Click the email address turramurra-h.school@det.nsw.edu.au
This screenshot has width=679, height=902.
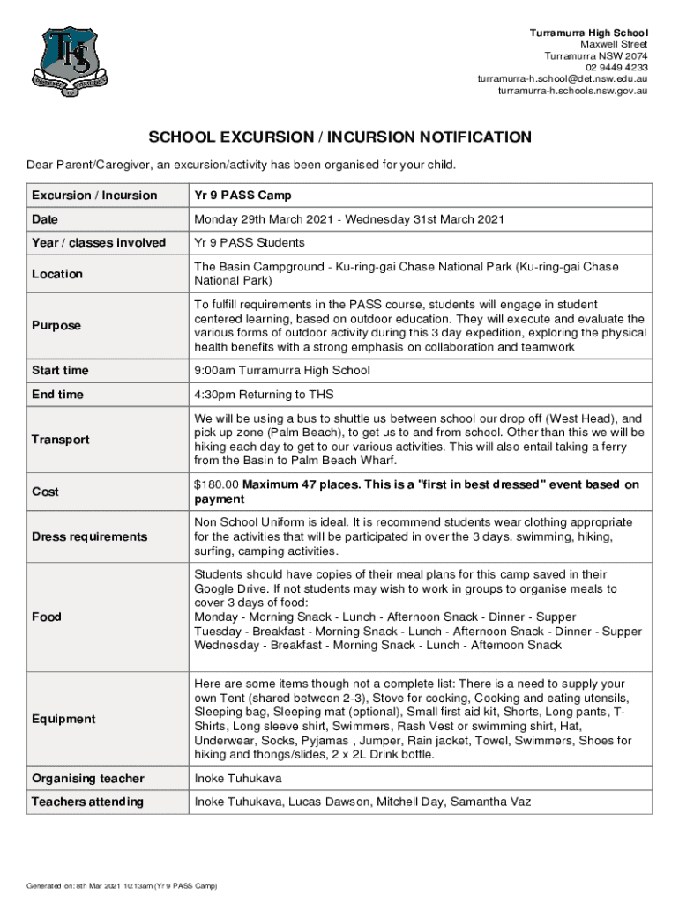click(563, 78)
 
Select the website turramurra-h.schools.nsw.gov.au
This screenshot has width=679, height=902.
click(573, 90)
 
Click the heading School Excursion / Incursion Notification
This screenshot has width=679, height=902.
click(339, 137)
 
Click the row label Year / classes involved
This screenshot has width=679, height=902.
click(99, 242)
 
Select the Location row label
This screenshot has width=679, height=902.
click(57, 274)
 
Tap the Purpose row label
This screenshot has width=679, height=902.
click(56, 325)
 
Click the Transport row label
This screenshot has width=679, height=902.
click(61, 440)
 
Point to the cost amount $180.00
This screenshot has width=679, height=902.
click(217, 484)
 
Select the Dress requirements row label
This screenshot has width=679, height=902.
click(90, 536)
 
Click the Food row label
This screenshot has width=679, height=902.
click(47, 617)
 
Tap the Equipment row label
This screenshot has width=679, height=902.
click(63, 719)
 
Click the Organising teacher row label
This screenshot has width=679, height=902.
click(88, 779)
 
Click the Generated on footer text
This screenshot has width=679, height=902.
click(122, 885)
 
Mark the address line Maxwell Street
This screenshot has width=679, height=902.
click(614, 44)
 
